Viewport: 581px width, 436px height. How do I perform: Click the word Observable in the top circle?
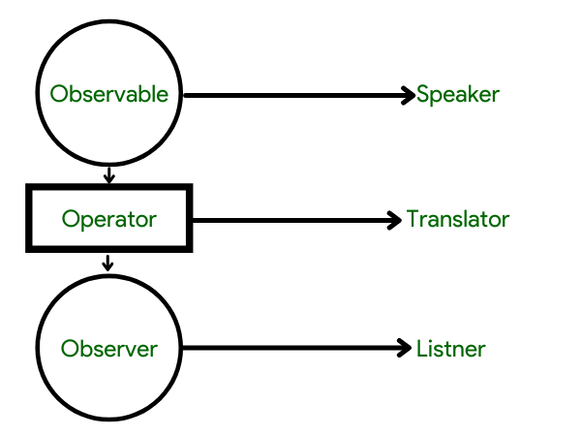(108, 94)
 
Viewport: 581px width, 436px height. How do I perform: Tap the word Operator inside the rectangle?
(109, 220)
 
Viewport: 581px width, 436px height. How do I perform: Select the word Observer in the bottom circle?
(109, 349)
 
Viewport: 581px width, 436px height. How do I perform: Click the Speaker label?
(458, 95)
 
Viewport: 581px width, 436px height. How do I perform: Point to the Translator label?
(458, 219)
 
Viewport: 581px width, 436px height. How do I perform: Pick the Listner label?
(451, 349)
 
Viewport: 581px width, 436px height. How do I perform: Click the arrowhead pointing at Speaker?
(409, 95)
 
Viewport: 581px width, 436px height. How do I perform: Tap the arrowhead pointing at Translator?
(394, 220)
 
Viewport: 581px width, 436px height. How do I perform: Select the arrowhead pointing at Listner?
(404, 348)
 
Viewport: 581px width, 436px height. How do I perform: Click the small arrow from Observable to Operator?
(108, 175)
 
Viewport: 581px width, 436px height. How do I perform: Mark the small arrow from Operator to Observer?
(107, 263)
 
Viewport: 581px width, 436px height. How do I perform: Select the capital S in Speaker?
(423, 94)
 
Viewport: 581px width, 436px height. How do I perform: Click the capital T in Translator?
(413, 219)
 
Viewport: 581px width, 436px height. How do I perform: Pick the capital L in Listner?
(421, 349)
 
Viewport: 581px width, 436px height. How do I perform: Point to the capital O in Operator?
(71, 219)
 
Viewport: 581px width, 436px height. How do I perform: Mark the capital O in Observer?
(70, 349)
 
